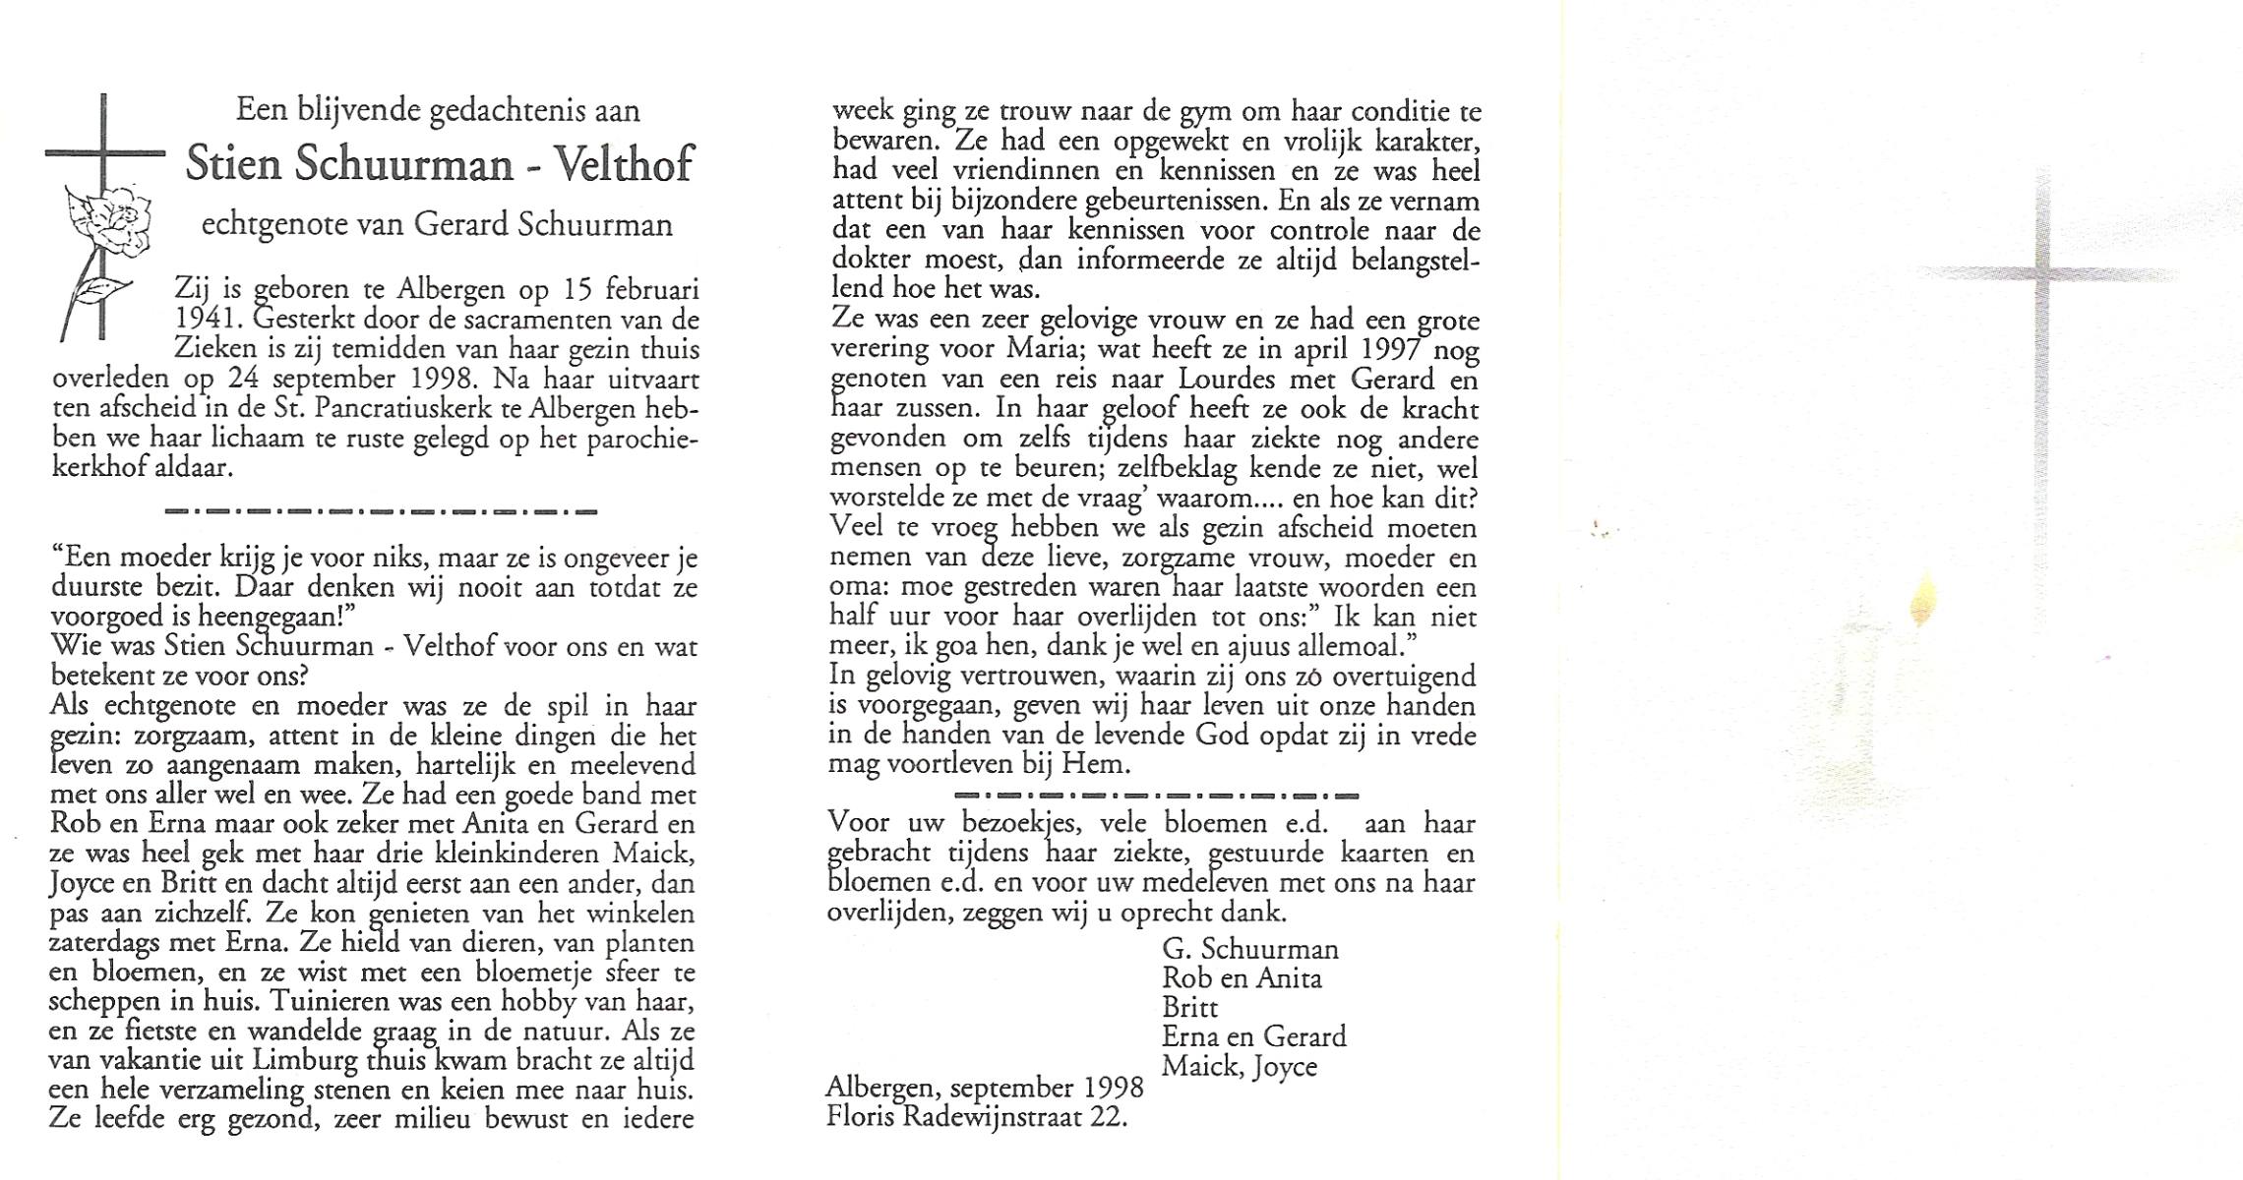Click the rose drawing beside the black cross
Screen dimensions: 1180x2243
(x=108, y=222)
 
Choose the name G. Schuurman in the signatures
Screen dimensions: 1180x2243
(x=1249, y=949)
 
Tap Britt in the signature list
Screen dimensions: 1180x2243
(x=1189, y=1008)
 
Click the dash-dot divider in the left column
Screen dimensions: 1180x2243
(x=382, y=511)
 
